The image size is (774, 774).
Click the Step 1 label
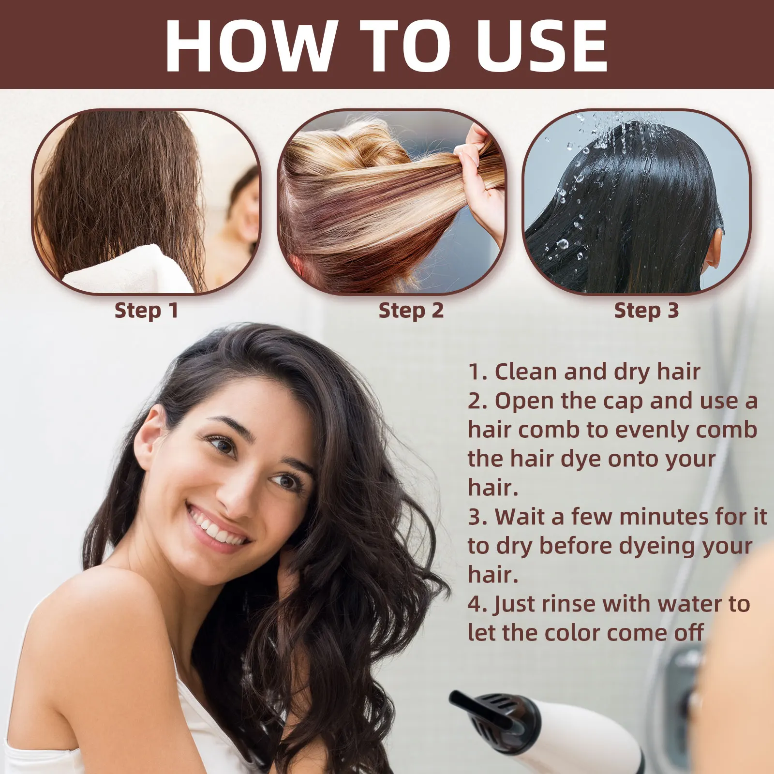(x=146, y=311)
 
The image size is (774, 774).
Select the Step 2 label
(x=411, y=311)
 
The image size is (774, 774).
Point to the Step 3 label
(x=646, y=311)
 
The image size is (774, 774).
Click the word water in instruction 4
(x=689, y=604)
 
